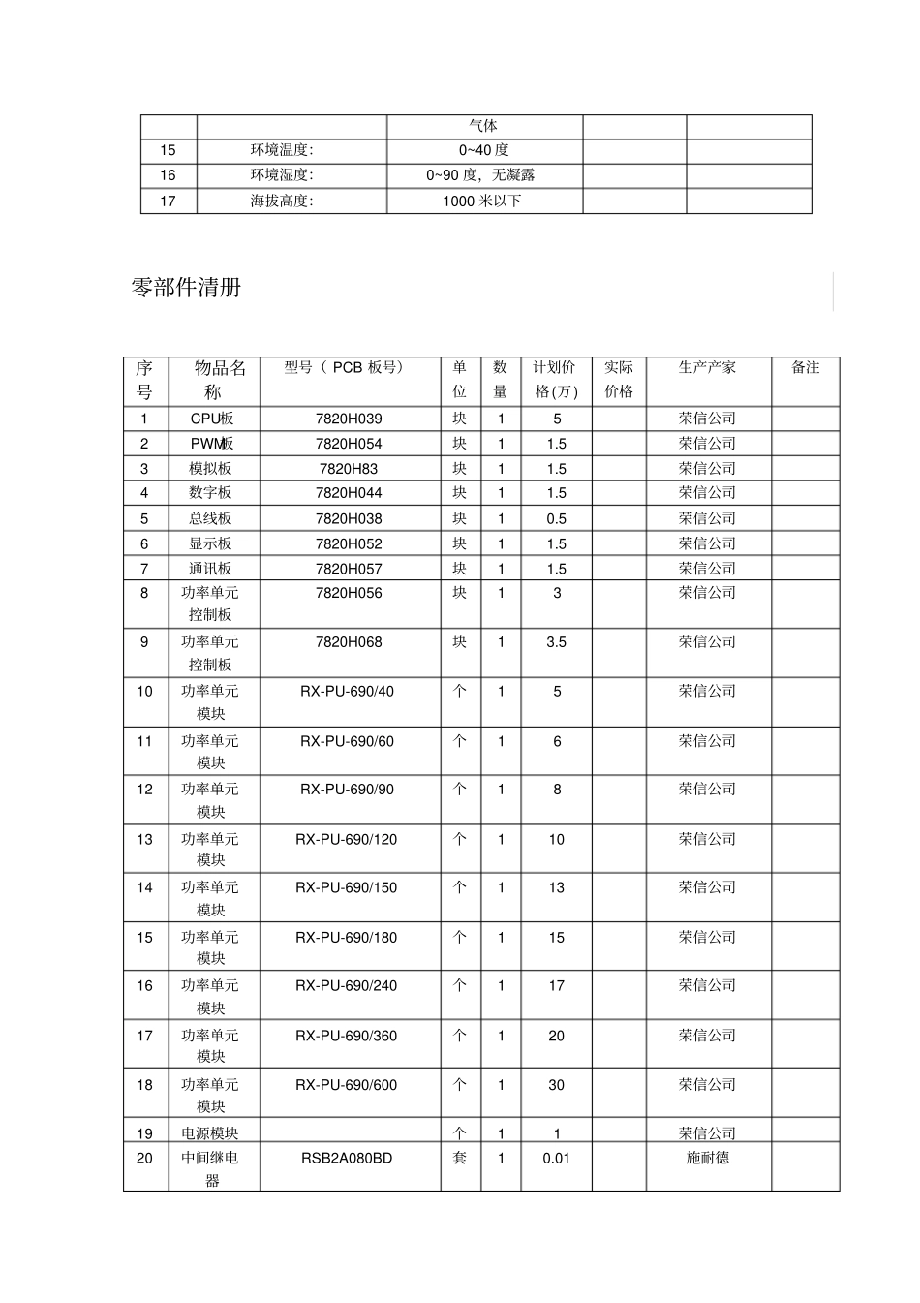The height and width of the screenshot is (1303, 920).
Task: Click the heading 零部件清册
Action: tap(186, 288)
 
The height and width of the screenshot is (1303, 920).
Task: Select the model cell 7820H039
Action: tap(349, 419)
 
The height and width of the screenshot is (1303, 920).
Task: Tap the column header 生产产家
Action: tap(707, 367)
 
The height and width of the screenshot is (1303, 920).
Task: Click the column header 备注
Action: tap(805, 367)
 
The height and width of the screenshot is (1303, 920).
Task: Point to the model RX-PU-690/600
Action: tap(347, 1085)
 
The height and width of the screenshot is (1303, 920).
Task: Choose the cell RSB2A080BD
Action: tap(347, 1158)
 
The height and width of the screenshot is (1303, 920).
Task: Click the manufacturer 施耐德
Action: tap(707, 1158)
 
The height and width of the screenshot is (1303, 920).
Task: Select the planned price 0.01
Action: tap(556, 1158)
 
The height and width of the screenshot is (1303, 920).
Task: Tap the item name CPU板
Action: tap(211, 419)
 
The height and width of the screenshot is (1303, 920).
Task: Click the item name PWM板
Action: tap(211, 444)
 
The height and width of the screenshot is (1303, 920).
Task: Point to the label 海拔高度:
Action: tap(282, 201)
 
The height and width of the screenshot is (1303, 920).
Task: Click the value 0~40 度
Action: tap(483, 150)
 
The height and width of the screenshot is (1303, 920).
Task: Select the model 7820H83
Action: tap(349, 469)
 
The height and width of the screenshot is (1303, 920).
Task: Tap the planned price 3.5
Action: tap(556, 642)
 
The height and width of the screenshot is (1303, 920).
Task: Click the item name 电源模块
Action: tap(209, 1133)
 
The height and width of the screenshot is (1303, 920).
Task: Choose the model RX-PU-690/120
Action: tap(347, 839)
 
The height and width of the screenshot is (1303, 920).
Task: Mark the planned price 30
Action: tap(556, 1085)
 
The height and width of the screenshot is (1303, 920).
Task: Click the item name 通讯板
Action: tap(210, 569)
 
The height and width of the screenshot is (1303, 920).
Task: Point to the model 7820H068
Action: tap(349, 642)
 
